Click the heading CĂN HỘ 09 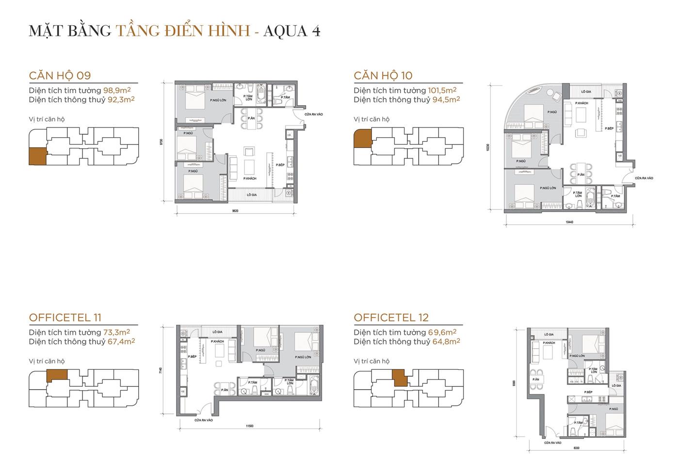click(60, 76)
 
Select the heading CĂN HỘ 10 click(383, 76)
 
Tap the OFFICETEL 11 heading click(65, 317)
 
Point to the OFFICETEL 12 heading click(391, 317)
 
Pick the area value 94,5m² click(446, 99)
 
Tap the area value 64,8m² click(446, 341)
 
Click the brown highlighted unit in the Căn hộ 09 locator click(38, 156)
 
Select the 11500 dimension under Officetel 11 click(249, 426)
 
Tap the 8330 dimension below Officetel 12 click(576, 448)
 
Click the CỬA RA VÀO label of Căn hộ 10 click(644, 178)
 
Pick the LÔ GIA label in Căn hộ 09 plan click(251, 195)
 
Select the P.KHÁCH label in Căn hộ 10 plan click(582, 103)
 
